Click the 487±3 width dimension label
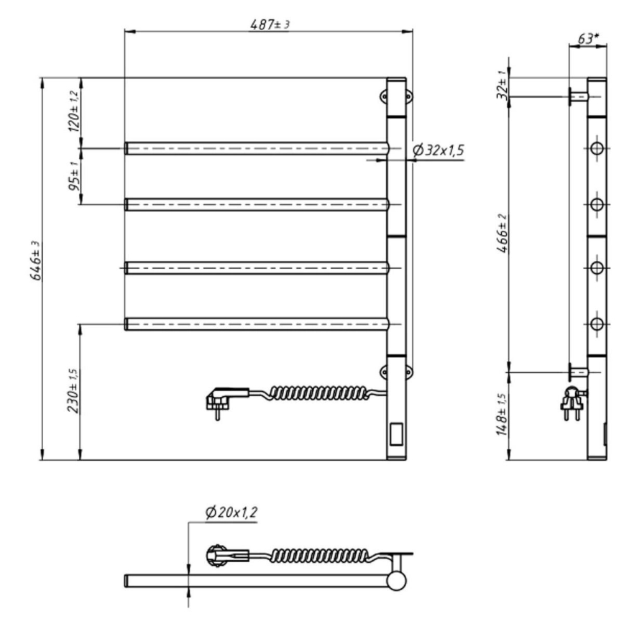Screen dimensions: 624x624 (x=270, y=24)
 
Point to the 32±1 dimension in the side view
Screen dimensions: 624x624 (x=504, y=87)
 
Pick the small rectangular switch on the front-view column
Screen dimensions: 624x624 (x=395, y=433)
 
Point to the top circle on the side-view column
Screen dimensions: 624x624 (x=596, y=149)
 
